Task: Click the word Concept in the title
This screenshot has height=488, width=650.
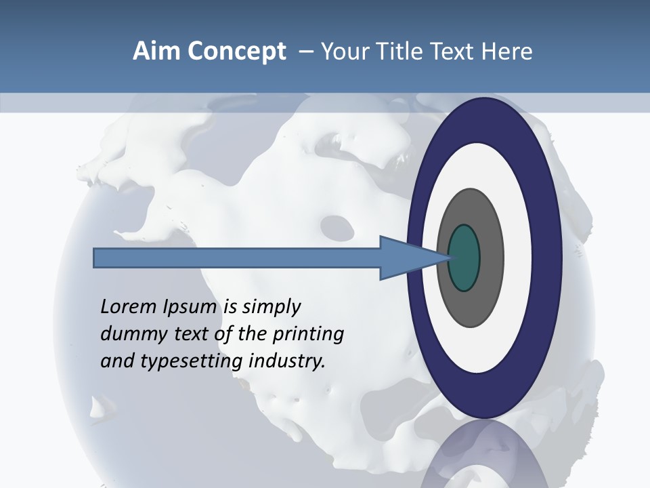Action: point(237,52)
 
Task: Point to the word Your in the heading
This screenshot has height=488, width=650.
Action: point(343,52)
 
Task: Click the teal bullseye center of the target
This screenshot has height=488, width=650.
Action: point(464,258)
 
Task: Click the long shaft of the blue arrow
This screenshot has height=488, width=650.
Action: point(237,258)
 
